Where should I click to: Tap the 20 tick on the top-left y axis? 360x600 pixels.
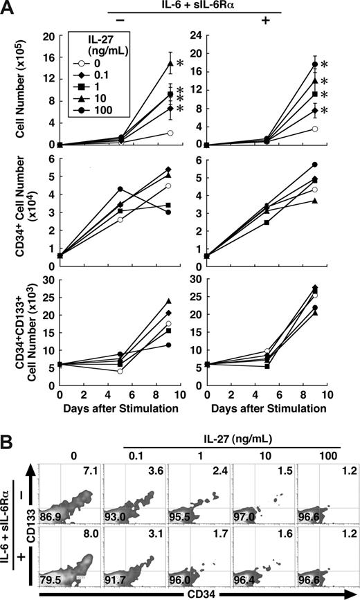tap(49, 33)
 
